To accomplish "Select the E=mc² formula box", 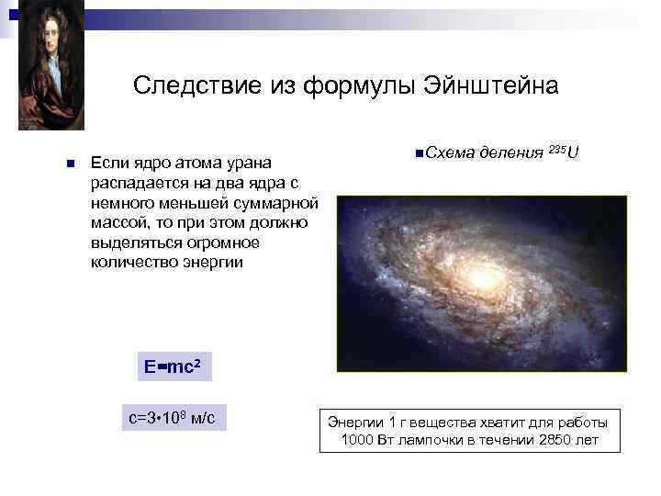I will pyautogui.click(x=172, y=367).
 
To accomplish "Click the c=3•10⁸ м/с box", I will pyautogui.click(x=172, y=419).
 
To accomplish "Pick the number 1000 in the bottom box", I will pyautogui.click(x=355, y=440).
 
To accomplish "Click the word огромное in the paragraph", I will pyautogui.click(x=226, y=242).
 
